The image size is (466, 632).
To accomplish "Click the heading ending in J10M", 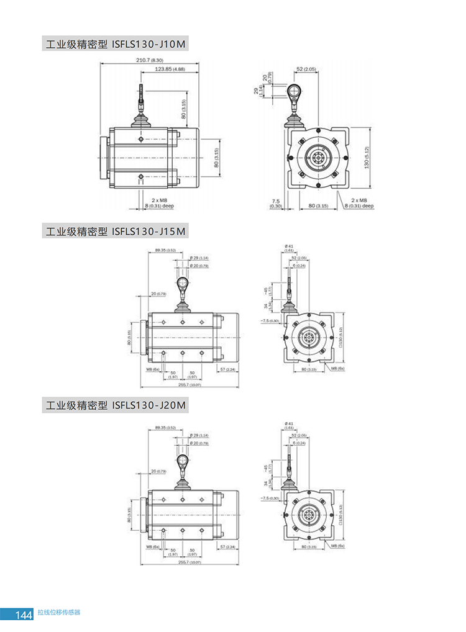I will [x=114, y=45].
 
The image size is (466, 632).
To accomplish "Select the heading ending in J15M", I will [x=114, y=232].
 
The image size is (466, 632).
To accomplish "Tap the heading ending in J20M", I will [x=114, y=405].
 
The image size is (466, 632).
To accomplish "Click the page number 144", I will [x=24, y=615].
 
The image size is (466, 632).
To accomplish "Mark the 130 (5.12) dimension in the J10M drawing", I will [x=367, y=158].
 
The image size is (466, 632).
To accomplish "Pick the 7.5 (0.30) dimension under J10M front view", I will [x=276, y=203].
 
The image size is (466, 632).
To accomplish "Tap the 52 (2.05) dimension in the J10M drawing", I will [x=306, y=68].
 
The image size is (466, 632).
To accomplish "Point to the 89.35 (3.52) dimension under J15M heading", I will [x=165, y=250].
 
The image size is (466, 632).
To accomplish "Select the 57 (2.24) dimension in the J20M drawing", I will [x=227, y=546].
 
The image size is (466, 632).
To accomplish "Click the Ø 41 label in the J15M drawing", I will [x=290, y=247].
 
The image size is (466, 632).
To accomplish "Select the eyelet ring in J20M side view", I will [x=183, y=461].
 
